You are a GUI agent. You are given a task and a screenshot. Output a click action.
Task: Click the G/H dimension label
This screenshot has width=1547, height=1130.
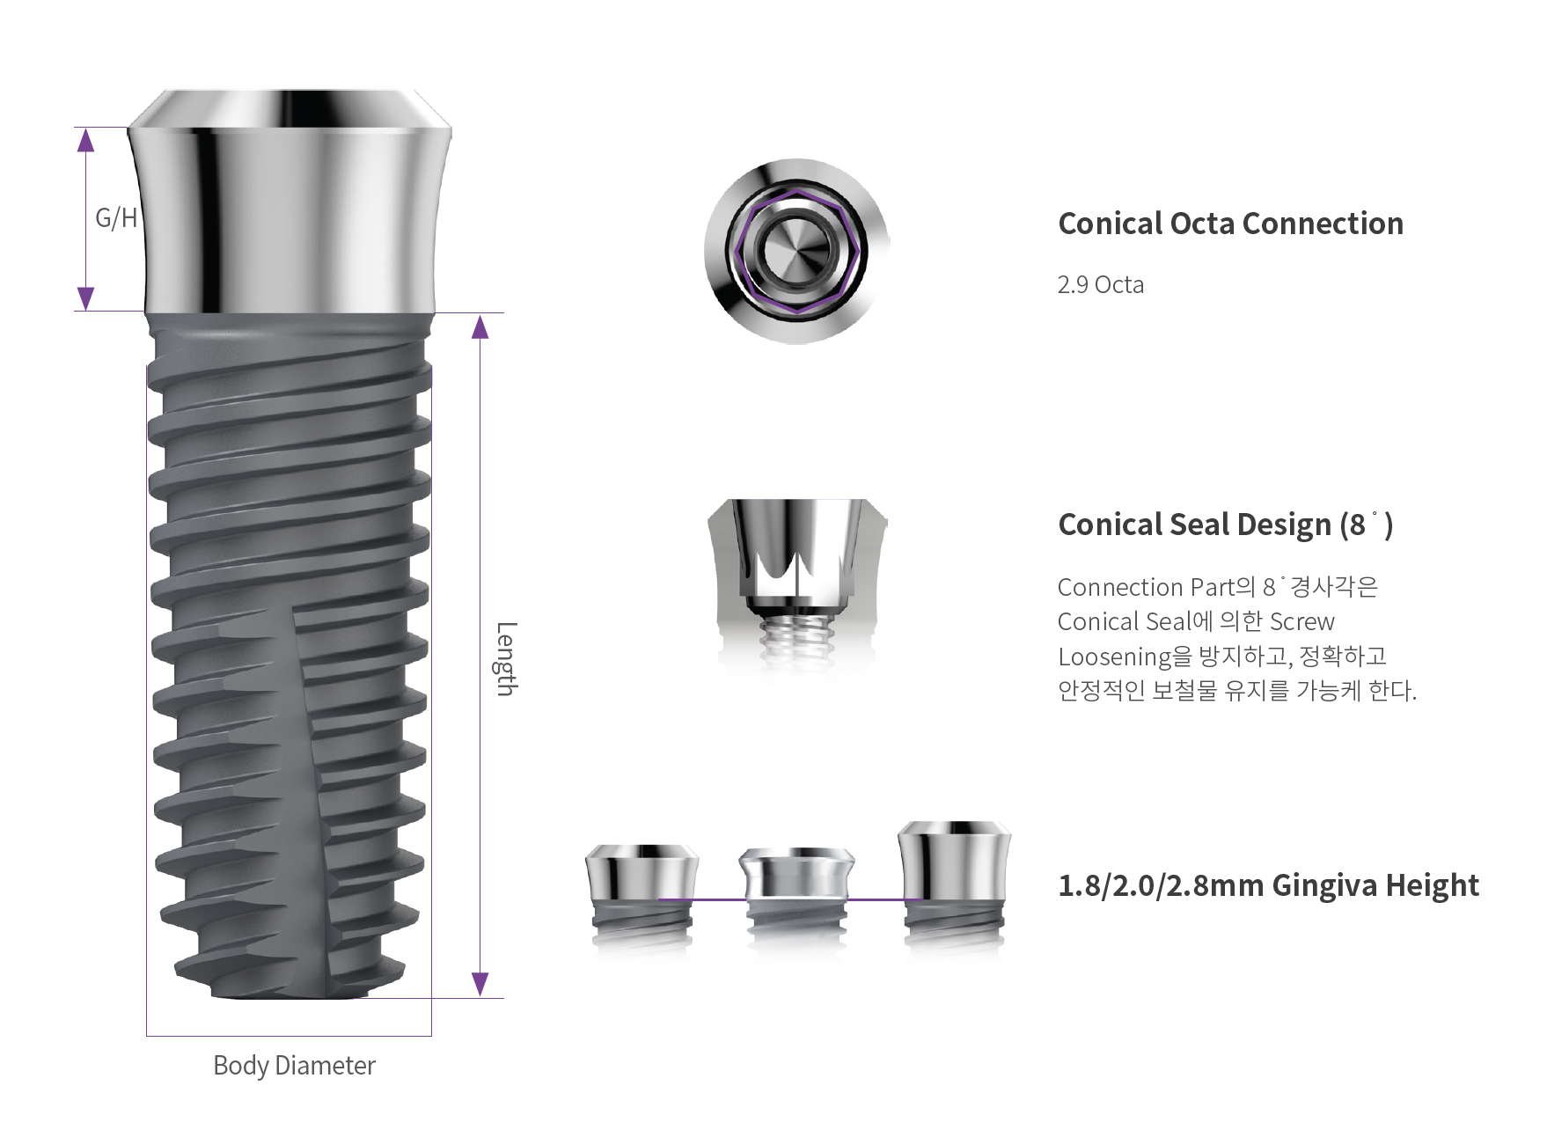click(116, 217)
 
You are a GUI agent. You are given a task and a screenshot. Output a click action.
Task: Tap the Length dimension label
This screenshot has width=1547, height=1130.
click(505, 659)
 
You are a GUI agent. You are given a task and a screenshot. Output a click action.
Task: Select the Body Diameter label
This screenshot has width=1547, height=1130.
click(294, 1066)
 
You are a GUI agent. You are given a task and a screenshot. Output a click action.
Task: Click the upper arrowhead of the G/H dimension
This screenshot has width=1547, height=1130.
click(85, 140)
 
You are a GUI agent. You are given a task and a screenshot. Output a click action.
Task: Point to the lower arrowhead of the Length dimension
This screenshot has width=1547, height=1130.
click(480, 984)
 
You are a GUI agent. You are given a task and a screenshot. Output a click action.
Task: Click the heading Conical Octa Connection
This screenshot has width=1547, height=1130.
click(1230, 224)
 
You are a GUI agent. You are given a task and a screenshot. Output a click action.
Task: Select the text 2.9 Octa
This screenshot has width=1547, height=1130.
click(1101, 285)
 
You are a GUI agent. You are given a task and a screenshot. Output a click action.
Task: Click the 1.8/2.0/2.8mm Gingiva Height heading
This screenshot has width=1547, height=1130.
click(1268, 885)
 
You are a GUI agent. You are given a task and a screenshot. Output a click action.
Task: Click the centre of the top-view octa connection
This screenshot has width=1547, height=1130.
click(796, 251)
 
